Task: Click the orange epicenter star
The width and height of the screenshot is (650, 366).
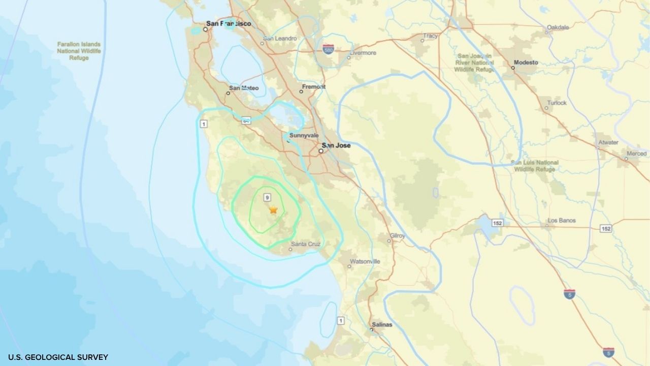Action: pyautogui.click(x=273, y=209)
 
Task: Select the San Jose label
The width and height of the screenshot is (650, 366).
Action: pyautogui.click(x=337, y=145)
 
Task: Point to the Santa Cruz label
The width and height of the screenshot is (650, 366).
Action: pyautogui.click(x=305, y=245)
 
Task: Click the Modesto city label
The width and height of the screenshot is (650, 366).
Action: pyautogui.click(x=526, y=63)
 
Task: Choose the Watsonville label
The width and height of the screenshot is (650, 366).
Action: pyautogui.click(x=365, y=261)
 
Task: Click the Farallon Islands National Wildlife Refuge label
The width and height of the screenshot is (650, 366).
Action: pyautogui.click(x=79, y=51)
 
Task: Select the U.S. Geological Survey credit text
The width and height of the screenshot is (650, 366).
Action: pyautogui.click(x=58, y=357)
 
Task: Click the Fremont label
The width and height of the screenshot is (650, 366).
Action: pyautogui.click(x=313, y=87)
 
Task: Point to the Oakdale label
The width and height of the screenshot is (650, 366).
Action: pyautogui.click(x=558, y=27)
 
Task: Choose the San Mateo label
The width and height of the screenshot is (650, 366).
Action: pyautogui.click(x=244, y=88)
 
